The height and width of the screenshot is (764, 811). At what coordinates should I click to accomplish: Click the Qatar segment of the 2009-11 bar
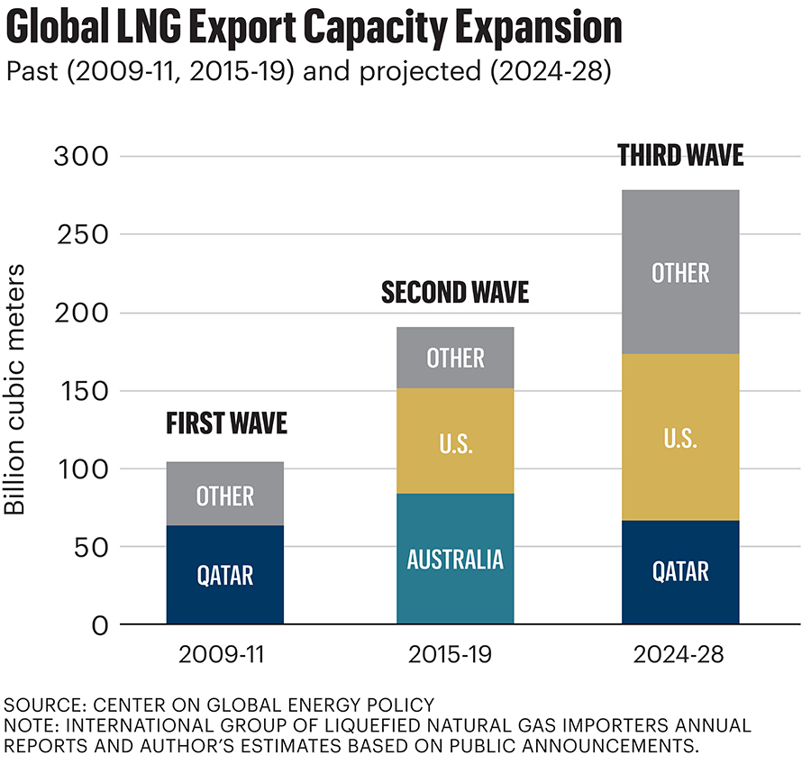coord(225,574)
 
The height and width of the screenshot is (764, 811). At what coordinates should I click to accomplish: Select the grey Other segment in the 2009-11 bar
coord(225,495)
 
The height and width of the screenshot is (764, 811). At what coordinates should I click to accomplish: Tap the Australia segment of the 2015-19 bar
coord(455,559)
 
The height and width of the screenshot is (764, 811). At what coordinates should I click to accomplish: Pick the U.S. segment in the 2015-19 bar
coord(455,441)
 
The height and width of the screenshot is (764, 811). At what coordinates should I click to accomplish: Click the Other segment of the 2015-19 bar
coord(455,358)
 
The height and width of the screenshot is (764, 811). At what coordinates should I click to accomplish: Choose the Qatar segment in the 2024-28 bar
coord(680,571)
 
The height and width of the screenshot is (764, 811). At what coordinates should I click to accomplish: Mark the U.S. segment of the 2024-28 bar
coord(680,437)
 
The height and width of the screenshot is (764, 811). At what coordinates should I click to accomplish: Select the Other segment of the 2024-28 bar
coord(680,272)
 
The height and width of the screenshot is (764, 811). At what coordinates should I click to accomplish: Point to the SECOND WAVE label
coord(455,293)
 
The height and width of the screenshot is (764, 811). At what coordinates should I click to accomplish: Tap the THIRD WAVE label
coord(680,156)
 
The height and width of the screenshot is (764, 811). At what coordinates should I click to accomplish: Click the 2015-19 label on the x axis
coord(455,656)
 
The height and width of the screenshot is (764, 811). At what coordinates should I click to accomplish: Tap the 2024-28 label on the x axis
coord(680,656)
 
